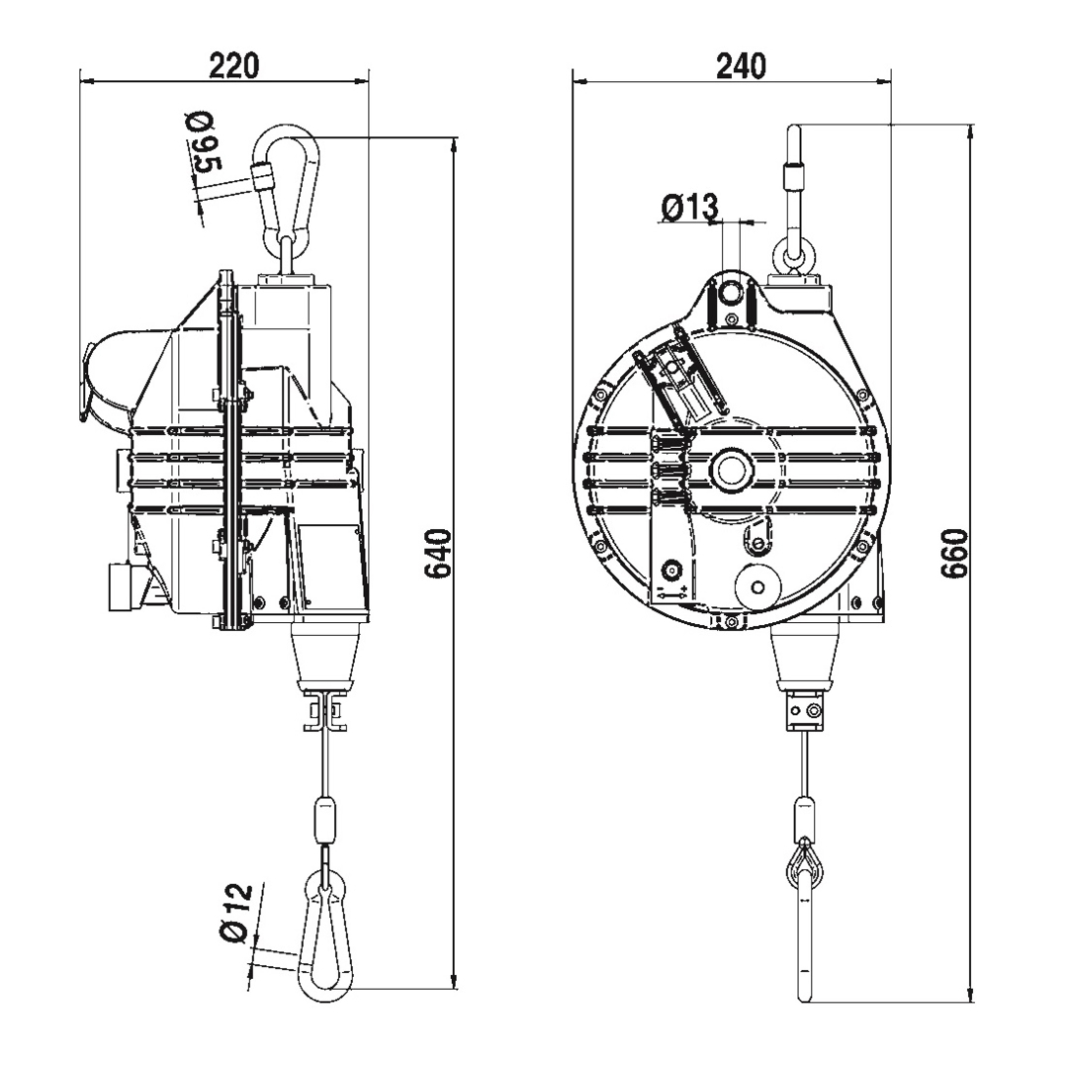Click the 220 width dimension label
click(233, 65)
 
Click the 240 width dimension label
click(741, 65)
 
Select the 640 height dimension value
click(438, 553)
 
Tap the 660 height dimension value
click(954, 553)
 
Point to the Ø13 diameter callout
click(689, 207)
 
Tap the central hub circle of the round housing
click(732, 470)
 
